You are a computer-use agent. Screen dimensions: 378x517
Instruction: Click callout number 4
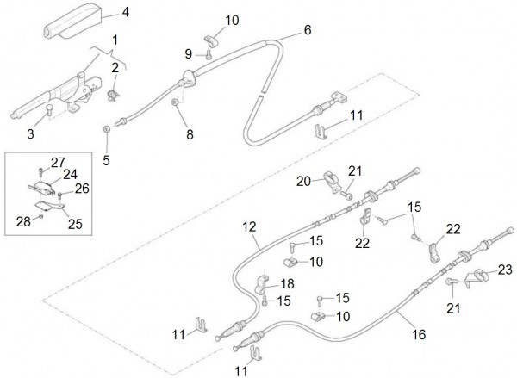[126, 12]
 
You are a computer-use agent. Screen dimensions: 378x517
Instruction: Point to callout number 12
[248, 228]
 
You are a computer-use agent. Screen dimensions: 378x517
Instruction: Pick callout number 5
[107, 159]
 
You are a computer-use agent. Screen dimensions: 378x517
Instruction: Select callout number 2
[115, 68]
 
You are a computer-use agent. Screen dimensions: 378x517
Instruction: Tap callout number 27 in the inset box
[57, 163]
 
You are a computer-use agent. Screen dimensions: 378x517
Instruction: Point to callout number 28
[23, 221]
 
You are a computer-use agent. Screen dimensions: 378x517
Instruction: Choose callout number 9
[190, 54]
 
